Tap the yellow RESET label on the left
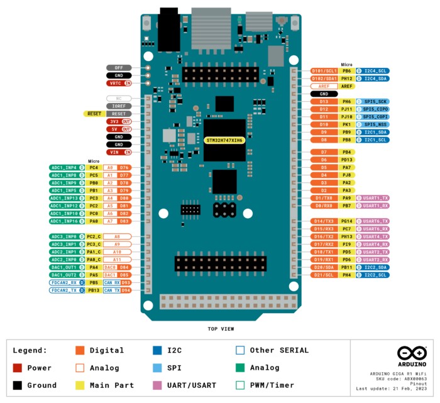(94, 114)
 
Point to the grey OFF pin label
(119, 67)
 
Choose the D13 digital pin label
(324, 101)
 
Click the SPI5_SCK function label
(375, 101)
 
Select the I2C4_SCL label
(375, 71)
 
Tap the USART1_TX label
(375, 198)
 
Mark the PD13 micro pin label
(346, 160)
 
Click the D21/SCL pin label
(324, 275)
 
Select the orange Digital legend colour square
(80, 350)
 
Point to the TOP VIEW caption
(221, 329)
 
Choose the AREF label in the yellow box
(346, 86)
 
